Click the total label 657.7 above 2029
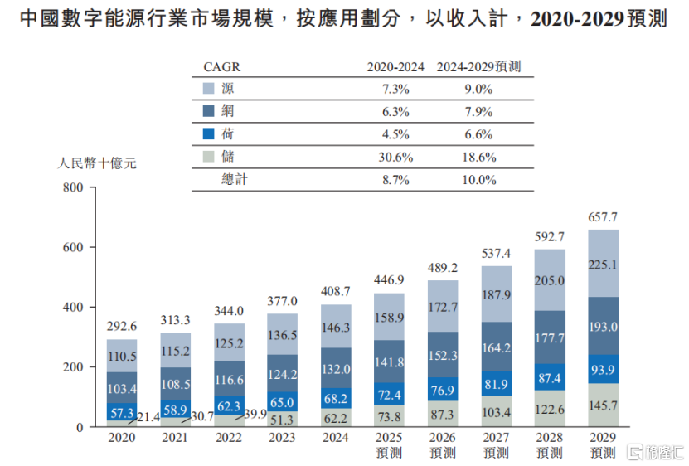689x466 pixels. (603, 218)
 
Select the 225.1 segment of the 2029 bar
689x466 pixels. (603, 265)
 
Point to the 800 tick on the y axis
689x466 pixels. (74, 188)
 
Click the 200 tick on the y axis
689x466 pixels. (74, 367)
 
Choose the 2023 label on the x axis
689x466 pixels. (283, 438)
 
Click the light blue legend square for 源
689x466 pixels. (209, 89)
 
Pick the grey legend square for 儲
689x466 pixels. (209, 156)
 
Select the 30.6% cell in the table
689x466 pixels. (395, 156)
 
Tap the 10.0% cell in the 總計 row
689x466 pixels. (478, 178)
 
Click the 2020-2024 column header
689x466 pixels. (395, 67)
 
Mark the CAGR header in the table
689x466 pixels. (221, 67)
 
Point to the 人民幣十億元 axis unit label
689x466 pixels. (97, 163)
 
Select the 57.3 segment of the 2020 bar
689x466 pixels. (122, 412)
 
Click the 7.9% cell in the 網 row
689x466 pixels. (478, 111)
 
